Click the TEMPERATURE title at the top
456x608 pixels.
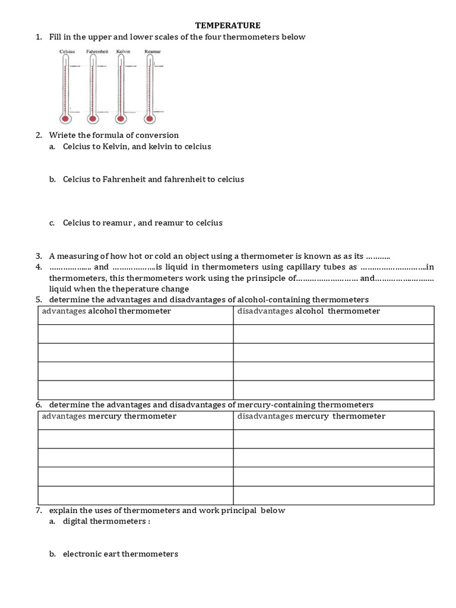(229, 26)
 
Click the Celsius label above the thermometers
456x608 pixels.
(68, 52)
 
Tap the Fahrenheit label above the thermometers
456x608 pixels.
(96, 52)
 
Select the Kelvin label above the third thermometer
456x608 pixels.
(123, 52)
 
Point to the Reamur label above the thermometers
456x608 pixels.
(153, 52)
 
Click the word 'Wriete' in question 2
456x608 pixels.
(62, 135)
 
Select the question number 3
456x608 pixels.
(38, 256)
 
